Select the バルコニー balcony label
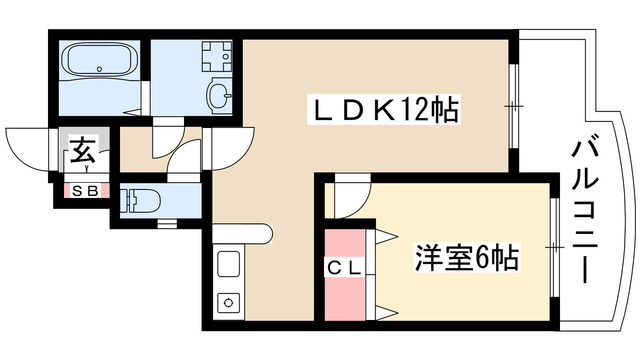[x=585, y=211]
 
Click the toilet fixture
[x=139, y=199]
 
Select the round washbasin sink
[x=219, y=95]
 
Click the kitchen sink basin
[x=227, y=266]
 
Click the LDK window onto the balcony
[x=512, y=105]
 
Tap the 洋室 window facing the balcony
[x=551, y=246]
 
